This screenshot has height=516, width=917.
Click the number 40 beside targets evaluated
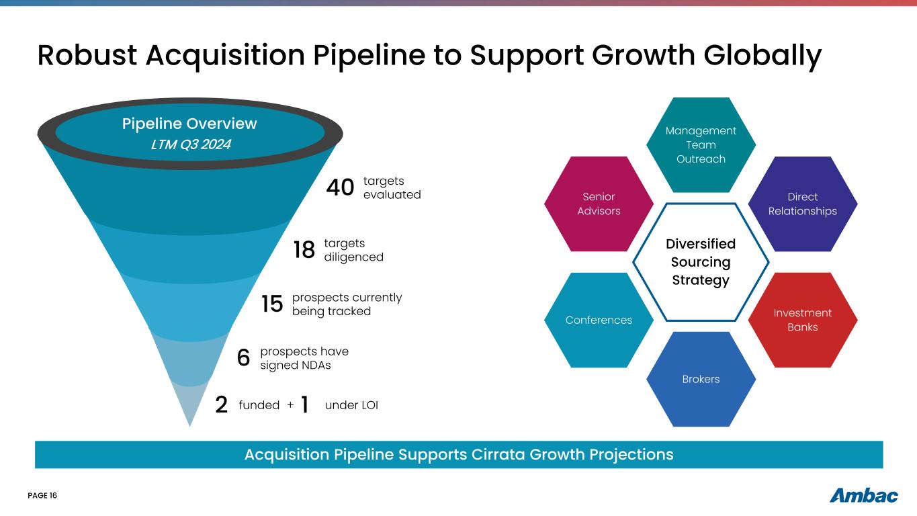340,189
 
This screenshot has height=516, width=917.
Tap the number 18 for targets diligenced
304,250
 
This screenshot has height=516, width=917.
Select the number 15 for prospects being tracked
272,304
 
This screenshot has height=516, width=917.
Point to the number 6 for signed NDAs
244,359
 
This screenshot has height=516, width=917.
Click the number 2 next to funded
222,405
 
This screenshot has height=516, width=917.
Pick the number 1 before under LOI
304,405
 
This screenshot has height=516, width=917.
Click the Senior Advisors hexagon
599,204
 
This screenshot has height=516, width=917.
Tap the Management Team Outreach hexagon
701,145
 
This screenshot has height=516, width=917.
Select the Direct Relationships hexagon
803,204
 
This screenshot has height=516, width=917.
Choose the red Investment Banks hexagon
803,320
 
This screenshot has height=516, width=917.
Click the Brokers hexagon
701,379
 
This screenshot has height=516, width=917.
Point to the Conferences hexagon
599,320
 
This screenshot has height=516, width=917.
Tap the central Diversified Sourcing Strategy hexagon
701,262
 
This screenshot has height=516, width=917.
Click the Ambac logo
864,496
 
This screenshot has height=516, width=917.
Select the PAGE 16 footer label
42,496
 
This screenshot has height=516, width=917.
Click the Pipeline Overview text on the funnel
189,124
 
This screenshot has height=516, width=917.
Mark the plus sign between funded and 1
290,405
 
